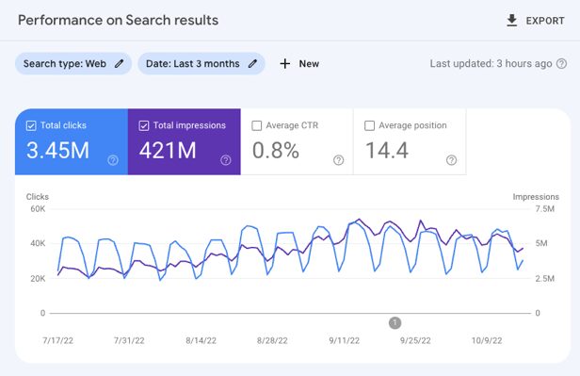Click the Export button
click(535, 20)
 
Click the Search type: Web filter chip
click(72, 63)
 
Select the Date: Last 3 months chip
click(201, 63)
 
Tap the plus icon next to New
click(285, 64)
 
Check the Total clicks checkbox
click(32, 125)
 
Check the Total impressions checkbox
click(145, 125)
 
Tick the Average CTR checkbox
click(257, 125)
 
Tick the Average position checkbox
click(370, 125)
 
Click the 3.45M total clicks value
click(58, 151)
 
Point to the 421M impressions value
click(169, 151)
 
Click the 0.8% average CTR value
click(275, 151)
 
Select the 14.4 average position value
click(386, 151)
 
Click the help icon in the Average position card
click(451, 160)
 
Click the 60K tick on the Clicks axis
click(37, 208)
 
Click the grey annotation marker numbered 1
click(395, 322)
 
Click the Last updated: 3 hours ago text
click(491, 64)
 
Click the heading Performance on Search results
click(118, 20)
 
